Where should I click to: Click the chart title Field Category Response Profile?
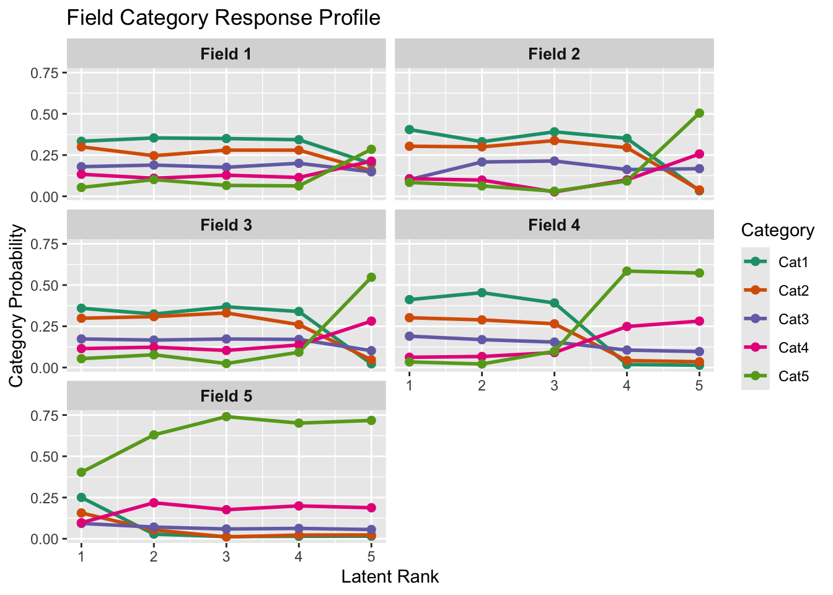[x=223, y=17]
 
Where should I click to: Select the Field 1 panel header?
[x=226, y=54]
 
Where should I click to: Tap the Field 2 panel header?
[x=554, y=54]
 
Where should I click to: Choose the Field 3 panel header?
[x=226, y=225]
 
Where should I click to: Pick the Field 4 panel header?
[x=554, y=225]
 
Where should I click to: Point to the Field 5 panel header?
[x=226, y=396]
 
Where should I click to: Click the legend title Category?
[x=777, y=231]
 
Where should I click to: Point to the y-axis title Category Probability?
[x=17, y=306]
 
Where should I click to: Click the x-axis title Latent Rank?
[x=390, y=577]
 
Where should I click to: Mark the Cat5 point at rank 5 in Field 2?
[x=699, y=113]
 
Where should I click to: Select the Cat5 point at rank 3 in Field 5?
[x=226, y=416]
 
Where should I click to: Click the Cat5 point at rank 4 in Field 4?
[x=627, y=271]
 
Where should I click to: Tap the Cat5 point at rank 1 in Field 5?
[x=81, y=472]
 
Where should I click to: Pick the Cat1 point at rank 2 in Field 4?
[x=482, y=293]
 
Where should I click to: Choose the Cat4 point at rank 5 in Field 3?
[x=371, y=321]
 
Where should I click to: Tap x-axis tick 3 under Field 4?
[x=554, y=386]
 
